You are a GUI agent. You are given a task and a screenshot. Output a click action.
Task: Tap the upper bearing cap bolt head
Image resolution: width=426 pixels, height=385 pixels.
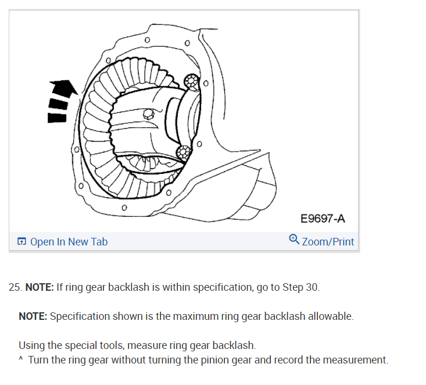pyautogui.click(x=191, y=81)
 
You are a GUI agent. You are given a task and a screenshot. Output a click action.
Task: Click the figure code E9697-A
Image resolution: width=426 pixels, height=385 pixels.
pyautogui.click(x=323, y=219)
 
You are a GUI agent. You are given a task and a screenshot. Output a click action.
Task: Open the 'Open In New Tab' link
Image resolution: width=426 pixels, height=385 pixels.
pyautogui.click(x=69, y=241)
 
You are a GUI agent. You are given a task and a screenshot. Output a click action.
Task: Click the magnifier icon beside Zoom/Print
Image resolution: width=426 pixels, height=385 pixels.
pyautogui.click(x=294, y=240)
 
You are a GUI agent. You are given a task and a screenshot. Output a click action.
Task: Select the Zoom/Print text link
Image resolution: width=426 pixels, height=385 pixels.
pyautogui.click(x=328, y=241)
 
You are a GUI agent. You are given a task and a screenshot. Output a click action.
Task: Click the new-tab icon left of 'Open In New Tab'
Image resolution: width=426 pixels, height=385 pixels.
pyautogui.click(x=22, y=241)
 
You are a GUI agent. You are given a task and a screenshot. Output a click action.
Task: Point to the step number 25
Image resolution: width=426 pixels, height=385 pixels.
pyautogui.click(x=15, y=287)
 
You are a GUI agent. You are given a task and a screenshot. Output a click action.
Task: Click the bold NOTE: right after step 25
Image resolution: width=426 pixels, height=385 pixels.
pyautogui.click(x=40, y=287)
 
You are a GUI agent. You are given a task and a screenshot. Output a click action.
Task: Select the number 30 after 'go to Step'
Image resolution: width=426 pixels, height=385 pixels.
pyautogui.click(x=311, y=287)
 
